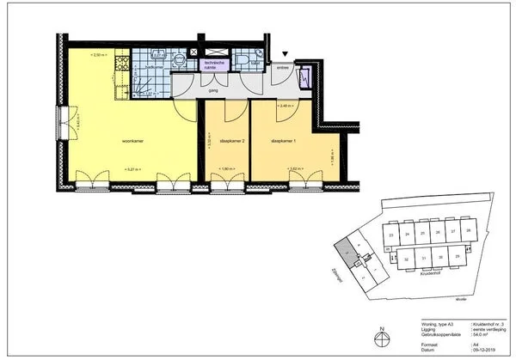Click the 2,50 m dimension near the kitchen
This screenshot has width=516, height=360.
click(x=99, y=55)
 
